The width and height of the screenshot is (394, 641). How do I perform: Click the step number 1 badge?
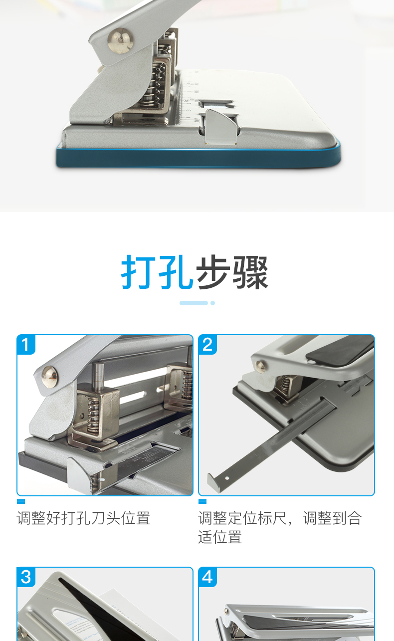pyautogui.click(x=26, y=344)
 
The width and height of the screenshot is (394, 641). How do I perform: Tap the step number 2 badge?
pyautogui.click(x=207, y=344)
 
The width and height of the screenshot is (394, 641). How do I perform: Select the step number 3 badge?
pyautogui.click(x=26, y=577)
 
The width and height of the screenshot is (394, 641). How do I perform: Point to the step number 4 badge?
pyautogui.click(x=207, y=577)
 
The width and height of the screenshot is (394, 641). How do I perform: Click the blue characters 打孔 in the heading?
pyautogui.click(x=157, y=271)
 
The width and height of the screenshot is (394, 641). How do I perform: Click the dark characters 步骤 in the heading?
pyautogui.click(x=232, y=271)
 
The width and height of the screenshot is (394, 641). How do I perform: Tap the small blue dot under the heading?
pyautogui.click(x=212, y=303)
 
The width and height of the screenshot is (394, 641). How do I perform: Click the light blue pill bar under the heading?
pyautogui.click(x=194, y=303)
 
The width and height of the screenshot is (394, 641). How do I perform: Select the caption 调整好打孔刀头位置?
pyautogui.click(x=83, y=518)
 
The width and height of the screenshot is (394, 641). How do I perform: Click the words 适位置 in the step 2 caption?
pyautogui.click(x=220, y=537)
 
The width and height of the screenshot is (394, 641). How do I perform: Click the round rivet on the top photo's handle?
pyautogui.click(x=121, y=40)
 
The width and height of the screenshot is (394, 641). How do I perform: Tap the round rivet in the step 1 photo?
pyautogui.click(x=50, y=377)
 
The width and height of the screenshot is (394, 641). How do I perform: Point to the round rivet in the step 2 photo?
pyautogui.click(x=260, y=367)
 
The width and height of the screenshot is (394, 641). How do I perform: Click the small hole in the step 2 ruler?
pyautogui.click(x=226, y=478)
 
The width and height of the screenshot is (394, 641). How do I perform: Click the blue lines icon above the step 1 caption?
pyautogui.click(x=21, y=501)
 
